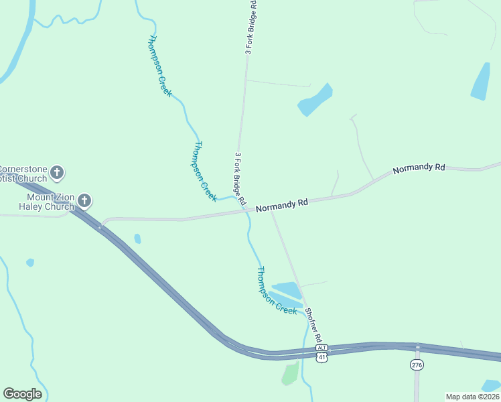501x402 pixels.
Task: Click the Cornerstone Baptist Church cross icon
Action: (58, 173)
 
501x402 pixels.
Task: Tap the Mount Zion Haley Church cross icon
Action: (84, 200)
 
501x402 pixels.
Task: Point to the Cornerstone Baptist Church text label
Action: (23, 174)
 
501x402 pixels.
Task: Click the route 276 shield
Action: (417, 364)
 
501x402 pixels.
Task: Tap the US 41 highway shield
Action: (322, 358)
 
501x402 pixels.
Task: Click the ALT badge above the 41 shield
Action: (322, 348)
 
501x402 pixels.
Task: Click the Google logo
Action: (23, 394)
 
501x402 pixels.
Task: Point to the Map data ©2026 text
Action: (472, 397)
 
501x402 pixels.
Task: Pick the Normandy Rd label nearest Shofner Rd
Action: (281, 205)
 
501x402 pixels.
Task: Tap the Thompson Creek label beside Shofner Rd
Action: (277, 291)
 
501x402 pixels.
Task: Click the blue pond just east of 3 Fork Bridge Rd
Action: (315, 99)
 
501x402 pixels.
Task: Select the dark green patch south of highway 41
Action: (290, 374)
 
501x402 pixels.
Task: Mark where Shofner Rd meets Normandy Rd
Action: (271, 210)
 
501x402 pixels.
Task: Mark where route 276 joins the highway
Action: (417, 348)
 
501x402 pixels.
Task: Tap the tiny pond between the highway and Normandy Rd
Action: (137, 238)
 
